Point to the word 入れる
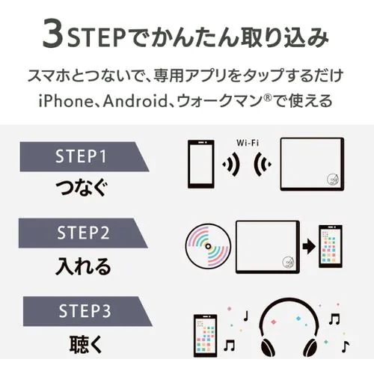coord(83,265)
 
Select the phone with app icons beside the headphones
coord(207,334)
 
